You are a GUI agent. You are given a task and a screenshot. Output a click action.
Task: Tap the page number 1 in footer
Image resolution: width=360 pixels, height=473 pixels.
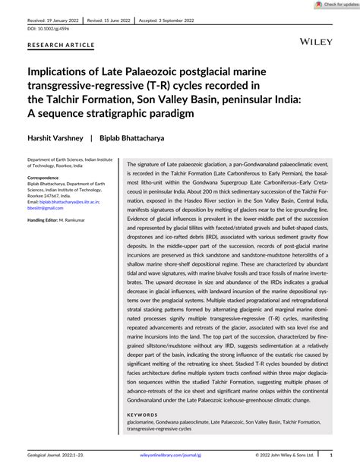point(332,459)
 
